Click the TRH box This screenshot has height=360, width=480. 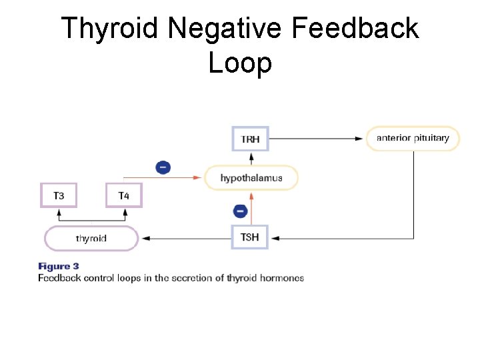[251, 139]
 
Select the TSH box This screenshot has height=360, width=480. [249, 237]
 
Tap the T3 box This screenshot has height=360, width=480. [59, 196]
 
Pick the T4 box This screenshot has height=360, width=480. [124, 196]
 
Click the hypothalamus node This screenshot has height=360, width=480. [251, 178]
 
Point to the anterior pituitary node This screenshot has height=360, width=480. [413, 139]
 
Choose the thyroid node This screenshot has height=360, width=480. [91, 238]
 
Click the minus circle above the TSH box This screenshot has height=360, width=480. [240, 211]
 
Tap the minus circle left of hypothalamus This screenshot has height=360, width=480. [162, 167]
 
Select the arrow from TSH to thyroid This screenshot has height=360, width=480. [187, 238]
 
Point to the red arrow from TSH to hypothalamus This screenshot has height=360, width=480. [251, 209]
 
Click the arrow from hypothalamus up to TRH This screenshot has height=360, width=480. [251, 158]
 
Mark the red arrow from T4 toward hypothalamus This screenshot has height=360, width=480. [163, 178]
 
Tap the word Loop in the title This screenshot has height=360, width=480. [240, 63]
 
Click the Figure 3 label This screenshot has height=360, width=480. [59, 267]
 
